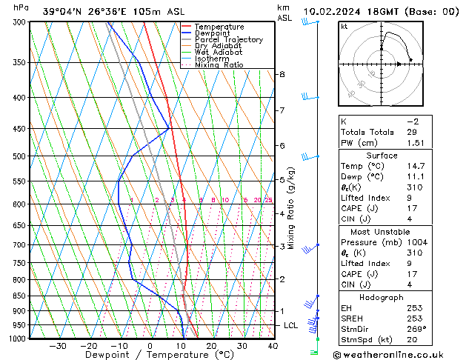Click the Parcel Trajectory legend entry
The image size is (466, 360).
[228, 40]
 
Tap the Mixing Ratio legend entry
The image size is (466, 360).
[219, 65]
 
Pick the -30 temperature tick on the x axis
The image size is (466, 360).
[57, 346]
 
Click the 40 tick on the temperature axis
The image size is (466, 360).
[273, 346]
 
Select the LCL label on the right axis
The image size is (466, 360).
[291, 326]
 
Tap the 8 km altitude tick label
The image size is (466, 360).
[282, 75]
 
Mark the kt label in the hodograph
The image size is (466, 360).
[344, 26]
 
